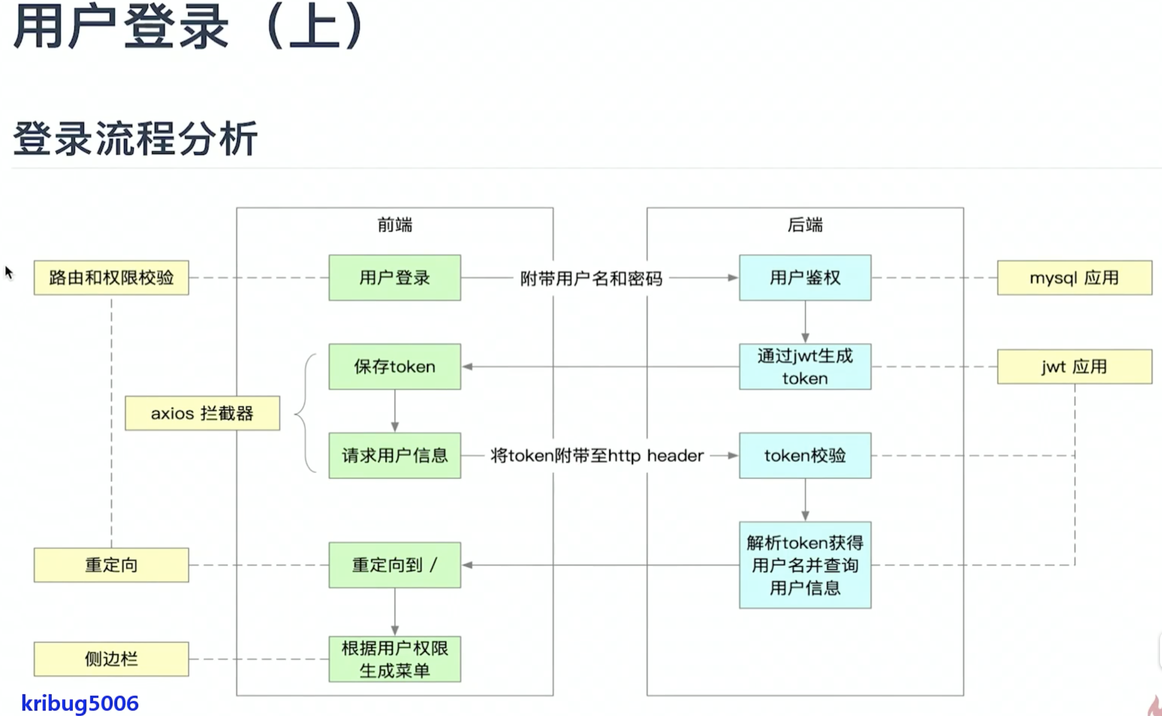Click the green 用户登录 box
tap(395, 278)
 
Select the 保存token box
tap(395, 367)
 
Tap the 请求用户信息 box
tap(395, 455)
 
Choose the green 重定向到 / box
tap(395, 565)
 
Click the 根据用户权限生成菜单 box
tap(395, 659)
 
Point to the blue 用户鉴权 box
tap(805, 278)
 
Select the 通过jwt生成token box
tap(805, 367)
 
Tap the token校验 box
tap(805, 455)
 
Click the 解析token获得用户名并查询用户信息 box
tap(805, 565)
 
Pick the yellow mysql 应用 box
tap(1074, 278)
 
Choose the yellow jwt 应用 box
tap(1074, 367)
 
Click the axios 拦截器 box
tap(202, 413)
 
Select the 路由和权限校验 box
tap(111, 278)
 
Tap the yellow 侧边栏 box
tap(111, 659)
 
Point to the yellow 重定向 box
tap(111, 565)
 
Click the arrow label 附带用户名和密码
tap(591, 278)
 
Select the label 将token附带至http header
tap(597, 456)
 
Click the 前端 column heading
tap(395, 225)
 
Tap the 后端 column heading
tap(805, 225)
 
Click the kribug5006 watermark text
tap(80, 703)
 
